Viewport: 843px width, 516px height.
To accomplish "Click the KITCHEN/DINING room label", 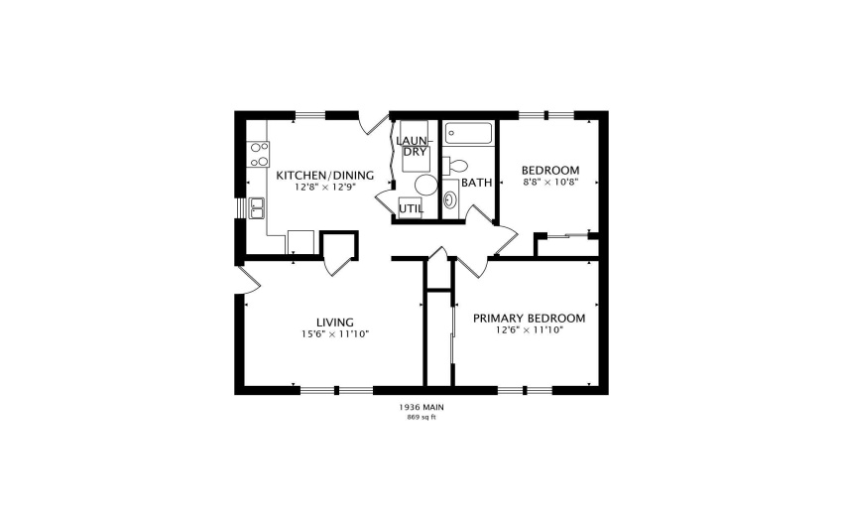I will (x=324, y=176).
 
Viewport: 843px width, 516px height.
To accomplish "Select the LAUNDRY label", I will (x=413, y=146).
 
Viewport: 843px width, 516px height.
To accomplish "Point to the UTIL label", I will (x=411, y=208).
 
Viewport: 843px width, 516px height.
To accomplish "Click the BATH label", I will (x=476, y=183).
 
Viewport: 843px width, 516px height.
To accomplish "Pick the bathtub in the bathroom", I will (x=466, y=134).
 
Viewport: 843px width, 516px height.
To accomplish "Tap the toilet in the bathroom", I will (x=455, y=165).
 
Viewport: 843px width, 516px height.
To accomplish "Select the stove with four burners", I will (x=258, y=154).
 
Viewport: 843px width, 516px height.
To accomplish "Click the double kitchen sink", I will (x=257, y=207).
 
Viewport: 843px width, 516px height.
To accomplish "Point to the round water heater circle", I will (x=425, y=185).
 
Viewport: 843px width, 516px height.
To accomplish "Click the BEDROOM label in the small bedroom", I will (x=550, y=171).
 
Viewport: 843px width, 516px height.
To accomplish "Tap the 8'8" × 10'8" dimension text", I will (x=550, y=183).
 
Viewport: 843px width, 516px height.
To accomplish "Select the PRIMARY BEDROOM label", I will (x=529, y=319).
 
